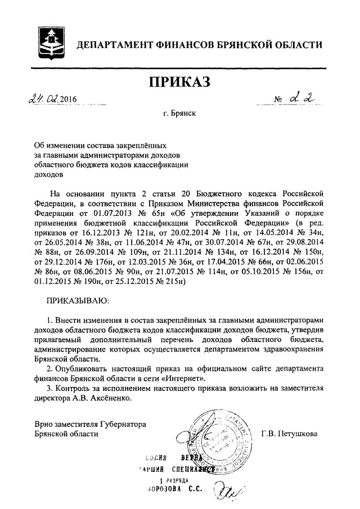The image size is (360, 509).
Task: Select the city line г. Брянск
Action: coord(180,118)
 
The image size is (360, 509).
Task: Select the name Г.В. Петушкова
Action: coord(289,433)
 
